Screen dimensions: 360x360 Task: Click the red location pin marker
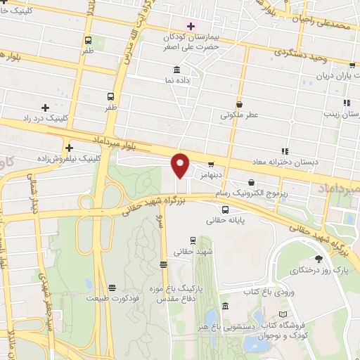tap(181, 165)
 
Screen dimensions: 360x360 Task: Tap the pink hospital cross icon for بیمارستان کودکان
tap(191, 25)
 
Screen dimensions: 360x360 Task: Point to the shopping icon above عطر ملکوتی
tap(240, 103)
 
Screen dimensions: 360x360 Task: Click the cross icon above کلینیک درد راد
tap(46, 108)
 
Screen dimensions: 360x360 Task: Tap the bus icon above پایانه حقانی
tap(225, 210)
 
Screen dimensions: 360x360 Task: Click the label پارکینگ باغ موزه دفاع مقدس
tap(174, 294)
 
